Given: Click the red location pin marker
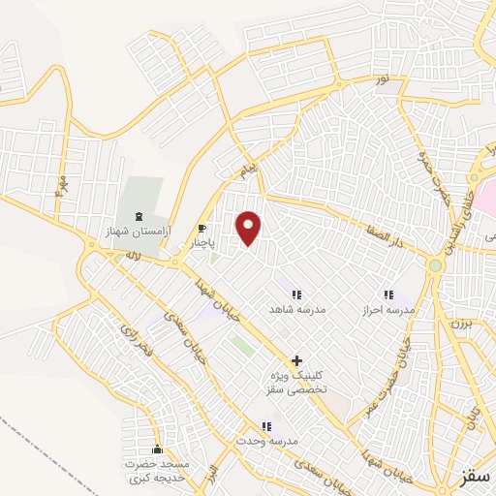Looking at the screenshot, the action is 249,228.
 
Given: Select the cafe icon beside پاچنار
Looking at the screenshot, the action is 201,229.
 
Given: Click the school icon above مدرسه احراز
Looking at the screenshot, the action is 388,294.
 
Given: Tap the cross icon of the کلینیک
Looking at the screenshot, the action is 296,359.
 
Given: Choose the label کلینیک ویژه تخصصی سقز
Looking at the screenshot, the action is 296,381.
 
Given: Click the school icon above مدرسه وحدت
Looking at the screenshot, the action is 266,425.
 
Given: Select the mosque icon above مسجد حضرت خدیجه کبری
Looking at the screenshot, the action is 158,449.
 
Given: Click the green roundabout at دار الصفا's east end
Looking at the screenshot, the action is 436,265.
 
